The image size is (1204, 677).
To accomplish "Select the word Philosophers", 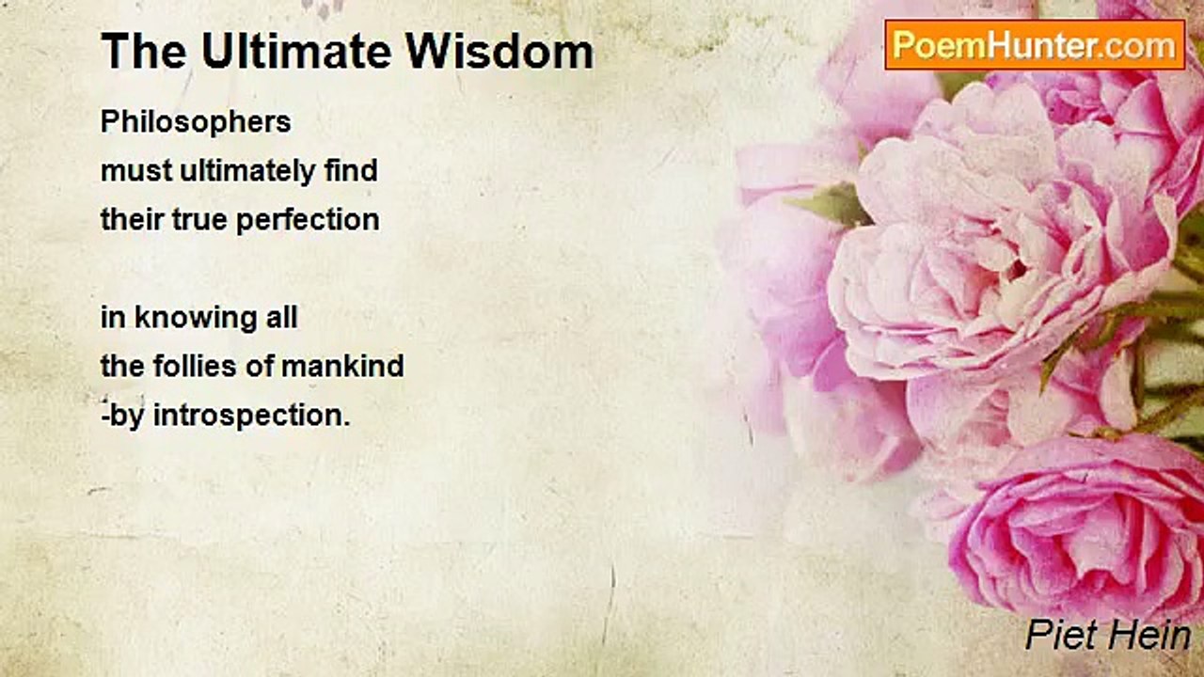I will [x=196, y=122].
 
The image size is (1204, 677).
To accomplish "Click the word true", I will [x=198, y=220].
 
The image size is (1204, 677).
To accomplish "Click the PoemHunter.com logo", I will [x=1035, y=44].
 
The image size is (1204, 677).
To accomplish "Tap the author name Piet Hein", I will [x=1108, y=636].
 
